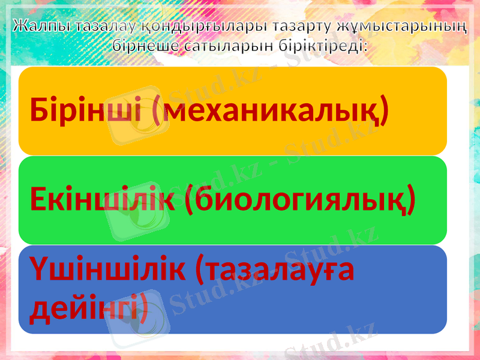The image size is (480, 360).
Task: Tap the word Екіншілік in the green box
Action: [x=102, y=200]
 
